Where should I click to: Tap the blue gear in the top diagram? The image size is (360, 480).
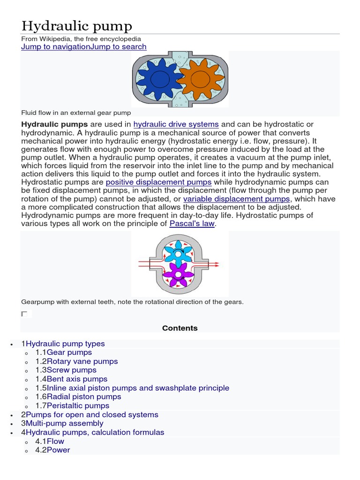(158, 80)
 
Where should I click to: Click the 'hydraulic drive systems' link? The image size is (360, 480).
(176, 124)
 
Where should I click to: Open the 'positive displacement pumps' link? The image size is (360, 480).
(158, 182)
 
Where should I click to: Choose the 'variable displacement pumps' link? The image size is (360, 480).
(236, 199)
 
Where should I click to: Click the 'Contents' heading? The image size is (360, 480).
(180, 328)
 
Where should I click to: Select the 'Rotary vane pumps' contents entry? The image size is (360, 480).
(82, 361)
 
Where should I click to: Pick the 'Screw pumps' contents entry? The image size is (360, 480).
(71, 370)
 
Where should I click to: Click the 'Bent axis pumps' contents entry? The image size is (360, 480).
(77, 379)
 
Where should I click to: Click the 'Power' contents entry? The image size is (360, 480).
(58, 450)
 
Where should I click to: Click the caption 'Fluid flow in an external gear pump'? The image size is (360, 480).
(76, 113)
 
